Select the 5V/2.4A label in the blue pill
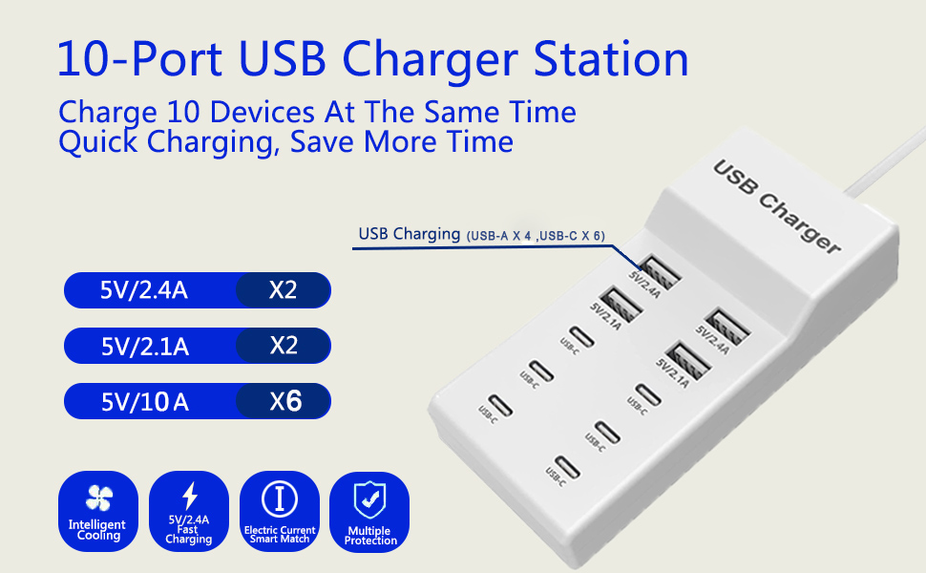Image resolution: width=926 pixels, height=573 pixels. (x=144, y=290)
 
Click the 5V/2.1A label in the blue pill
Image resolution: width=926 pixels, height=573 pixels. (x=144, y=346)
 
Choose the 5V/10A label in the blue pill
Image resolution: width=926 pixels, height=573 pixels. (x=144, y=402)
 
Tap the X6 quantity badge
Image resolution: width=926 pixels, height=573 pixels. (x=284, y=402)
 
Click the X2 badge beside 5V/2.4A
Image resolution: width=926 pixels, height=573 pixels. (x=284, y=290)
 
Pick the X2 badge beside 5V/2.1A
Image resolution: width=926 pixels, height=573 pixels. (x=284, y=346)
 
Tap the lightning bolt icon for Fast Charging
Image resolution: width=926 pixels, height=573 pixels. (x=189, y=496)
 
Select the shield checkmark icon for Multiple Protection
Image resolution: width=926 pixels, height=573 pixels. (x=369, y=499)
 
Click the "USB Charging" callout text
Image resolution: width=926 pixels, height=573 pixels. (x=409, y=234)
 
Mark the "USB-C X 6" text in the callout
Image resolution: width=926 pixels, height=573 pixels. (x=571, y=236)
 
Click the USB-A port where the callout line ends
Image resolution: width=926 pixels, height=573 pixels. (x=660, y=272)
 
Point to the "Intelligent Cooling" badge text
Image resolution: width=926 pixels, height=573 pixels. (x=97, y=530)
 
